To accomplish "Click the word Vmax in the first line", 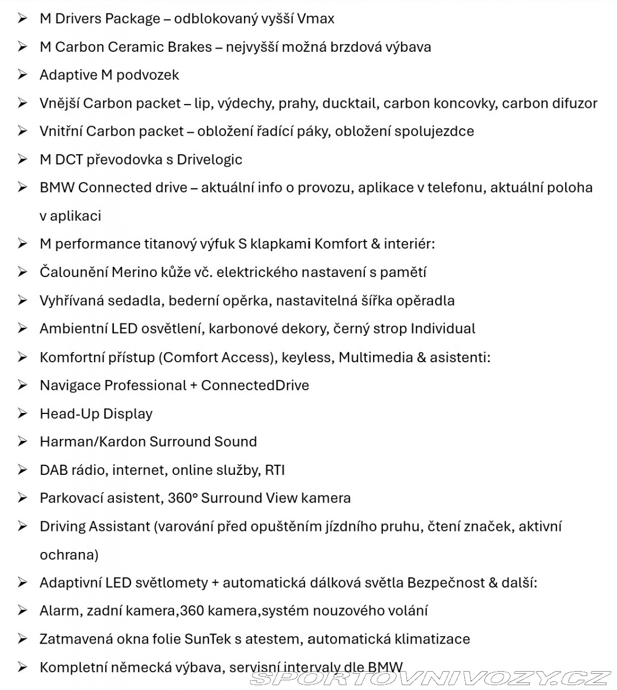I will click(316, 19).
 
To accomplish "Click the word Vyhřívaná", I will click(71, 300).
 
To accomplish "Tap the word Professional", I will click(145, 385).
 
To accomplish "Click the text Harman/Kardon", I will click(92, 441).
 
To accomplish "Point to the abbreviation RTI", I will click(274, 470).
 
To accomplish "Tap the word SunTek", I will click(207, 639).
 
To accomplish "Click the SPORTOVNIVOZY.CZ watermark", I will click(430, 677).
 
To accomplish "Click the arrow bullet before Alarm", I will click(22, 610).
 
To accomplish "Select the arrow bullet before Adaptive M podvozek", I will click(22, 74).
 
